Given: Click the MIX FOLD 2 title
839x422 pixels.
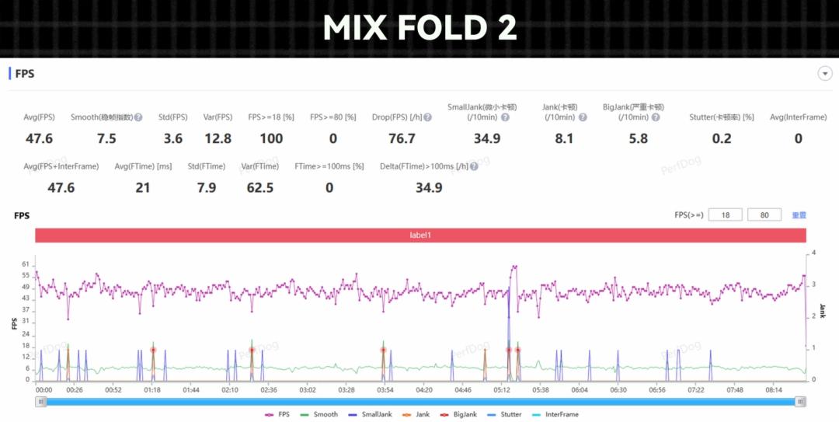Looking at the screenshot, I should pos(419,28).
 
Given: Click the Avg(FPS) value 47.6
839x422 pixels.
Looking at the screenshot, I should pos(39,138).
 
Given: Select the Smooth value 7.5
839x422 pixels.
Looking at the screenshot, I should pos(106,138).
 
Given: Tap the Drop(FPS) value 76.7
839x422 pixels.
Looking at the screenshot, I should pos(402,138).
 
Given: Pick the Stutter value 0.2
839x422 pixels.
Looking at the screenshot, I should pos(721,138).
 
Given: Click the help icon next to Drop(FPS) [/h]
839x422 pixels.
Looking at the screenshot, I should pos(427,117).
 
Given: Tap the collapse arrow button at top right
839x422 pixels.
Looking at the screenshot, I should pos(824,74).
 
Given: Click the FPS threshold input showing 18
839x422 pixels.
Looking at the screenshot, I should pos(725,214).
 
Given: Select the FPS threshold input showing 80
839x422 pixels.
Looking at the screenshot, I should pos(764,214).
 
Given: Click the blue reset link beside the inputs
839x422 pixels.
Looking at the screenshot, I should pos(799,215).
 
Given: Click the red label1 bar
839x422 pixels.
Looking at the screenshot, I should pos(419,235).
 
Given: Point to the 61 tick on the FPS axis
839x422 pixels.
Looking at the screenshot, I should pos(26,264).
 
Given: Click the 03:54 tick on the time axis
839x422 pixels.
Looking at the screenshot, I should pos(385,389).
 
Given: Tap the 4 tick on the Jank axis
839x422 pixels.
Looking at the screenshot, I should pos(813,253).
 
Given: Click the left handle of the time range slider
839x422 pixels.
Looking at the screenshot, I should pos(41,401).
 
